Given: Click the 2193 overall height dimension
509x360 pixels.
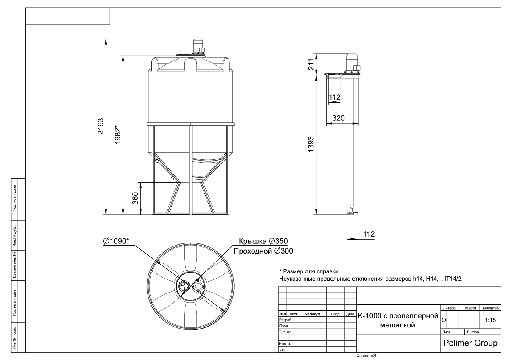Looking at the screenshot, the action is (x=101, y=126).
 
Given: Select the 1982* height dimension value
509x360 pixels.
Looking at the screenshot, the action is (x=118, y=134).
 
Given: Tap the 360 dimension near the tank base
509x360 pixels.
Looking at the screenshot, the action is (x=135, y=198).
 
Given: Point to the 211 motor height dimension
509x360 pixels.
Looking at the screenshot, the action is (x=311, y=64).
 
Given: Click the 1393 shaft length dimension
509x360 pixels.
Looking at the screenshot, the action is (x=311, y=144).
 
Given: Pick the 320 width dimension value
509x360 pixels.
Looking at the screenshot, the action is (x=338, y=118).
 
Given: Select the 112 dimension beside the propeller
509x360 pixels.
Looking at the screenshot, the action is (x=369, y=234).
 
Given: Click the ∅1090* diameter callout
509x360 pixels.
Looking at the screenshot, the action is (x=116, y=241).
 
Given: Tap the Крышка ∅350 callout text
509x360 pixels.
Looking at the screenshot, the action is (x=263, y=241).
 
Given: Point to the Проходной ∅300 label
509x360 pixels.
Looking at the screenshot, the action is (x=263, y=251).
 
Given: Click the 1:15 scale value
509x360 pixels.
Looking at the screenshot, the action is (x=490, y=320).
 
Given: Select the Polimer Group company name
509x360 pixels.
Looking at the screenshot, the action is (x=470, y=343).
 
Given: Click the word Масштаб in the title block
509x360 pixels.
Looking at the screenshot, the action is (x=491, y=308).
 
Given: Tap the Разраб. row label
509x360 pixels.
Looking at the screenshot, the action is (x=285, y=320).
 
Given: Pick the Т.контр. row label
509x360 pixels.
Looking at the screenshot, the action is (x=285, y=332).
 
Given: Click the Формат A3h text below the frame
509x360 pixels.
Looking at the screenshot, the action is (x=367, y=356).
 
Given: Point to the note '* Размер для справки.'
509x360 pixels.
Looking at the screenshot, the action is (x=310, y=271).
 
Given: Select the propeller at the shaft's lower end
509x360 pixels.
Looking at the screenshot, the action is (x=351, y=213).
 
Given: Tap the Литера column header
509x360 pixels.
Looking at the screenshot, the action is (x=449, y=308).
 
